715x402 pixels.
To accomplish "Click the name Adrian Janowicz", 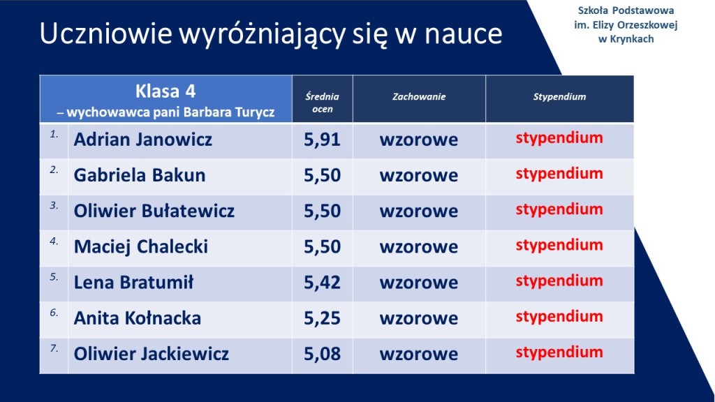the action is (142, 140).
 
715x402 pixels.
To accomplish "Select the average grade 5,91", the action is (322, 140).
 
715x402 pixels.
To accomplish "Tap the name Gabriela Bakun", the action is (140, 175).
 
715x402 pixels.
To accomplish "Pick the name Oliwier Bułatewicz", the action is (154, 211).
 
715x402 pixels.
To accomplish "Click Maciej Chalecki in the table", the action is (141, 246).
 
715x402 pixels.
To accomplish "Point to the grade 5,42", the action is (322, 283).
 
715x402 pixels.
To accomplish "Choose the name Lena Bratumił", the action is (133, 282).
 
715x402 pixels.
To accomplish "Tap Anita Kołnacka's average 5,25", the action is (322, 318).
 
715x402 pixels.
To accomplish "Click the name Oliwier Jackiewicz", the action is (152, 354).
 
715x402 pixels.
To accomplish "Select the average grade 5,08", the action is (322, 354).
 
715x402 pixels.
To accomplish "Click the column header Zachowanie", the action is (419, 96).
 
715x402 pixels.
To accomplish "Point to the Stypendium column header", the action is (559, 96).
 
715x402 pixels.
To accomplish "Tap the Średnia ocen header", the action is (323, 103).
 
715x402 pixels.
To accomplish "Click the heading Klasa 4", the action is (165, 91).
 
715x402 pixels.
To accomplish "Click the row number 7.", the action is (54, 348).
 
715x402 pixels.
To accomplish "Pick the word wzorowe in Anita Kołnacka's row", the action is (419, 318).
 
